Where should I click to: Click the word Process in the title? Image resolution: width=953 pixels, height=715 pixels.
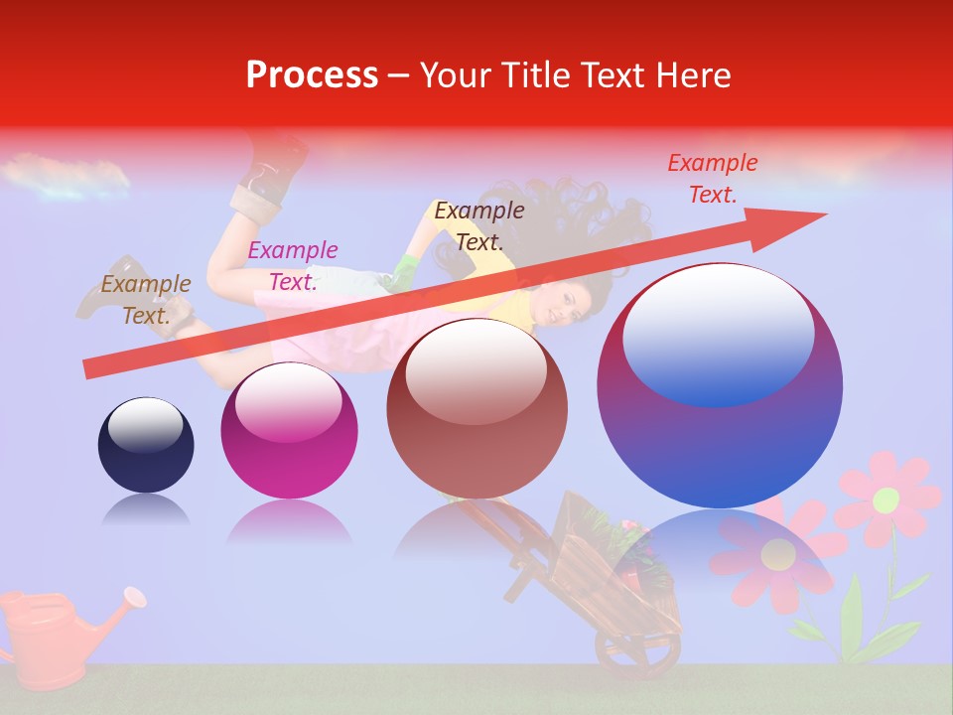point(312,75)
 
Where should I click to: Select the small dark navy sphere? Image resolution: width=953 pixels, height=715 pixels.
point(146,445)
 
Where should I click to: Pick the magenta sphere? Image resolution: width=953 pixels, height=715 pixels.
point(289,431)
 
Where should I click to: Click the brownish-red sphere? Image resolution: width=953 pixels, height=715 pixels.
point(476,409)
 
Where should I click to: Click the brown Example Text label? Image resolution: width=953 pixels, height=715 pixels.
point(146,299)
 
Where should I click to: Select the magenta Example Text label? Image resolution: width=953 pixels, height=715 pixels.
point(292,265)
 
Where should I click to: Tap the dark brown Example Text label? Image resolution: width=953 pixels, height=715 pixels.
point(479,225)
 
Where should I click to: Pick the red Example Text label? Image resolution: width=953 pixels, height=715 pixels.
point(712,178)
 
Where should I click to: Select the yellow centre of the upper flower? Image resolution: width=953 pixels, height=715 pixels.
point(886,499)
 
